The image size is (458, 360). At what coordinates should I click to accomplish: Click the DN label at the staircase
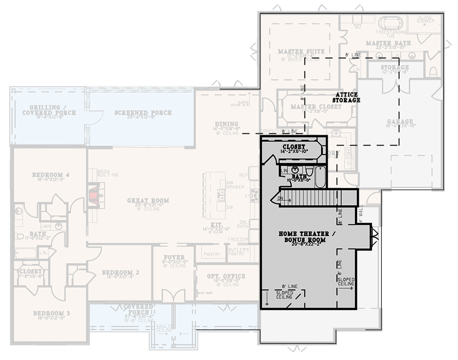click(281, 198)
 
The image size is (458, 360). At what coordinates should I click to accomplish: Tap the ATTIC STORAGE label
click(347, 98)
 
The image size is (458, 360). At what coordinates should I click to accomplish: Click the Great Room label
click(148, 200)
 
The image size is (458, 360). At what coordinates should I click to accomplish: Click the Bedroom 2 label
click(120, 273)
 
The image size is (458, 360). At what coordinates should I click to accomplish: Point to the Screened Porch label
click(142, 112)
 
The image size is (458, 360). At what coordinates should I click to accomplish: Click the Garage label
click(398, 122)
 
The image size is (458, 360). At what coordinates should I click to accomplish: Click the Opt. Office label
click(226, 276)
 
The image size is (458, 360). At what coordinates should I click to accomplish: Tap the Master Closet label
click(310, 107)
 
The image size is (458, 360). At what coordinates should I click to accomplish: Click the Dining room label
click(226, 124)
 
